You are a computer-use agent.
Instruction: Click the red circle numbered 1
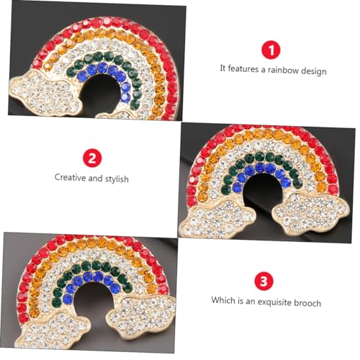tap(272, 50)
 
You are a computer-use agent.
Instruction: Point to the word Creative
tap(71, 177)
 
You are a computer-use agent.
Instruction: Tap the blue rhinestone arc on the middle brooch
tap(262, 173)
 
